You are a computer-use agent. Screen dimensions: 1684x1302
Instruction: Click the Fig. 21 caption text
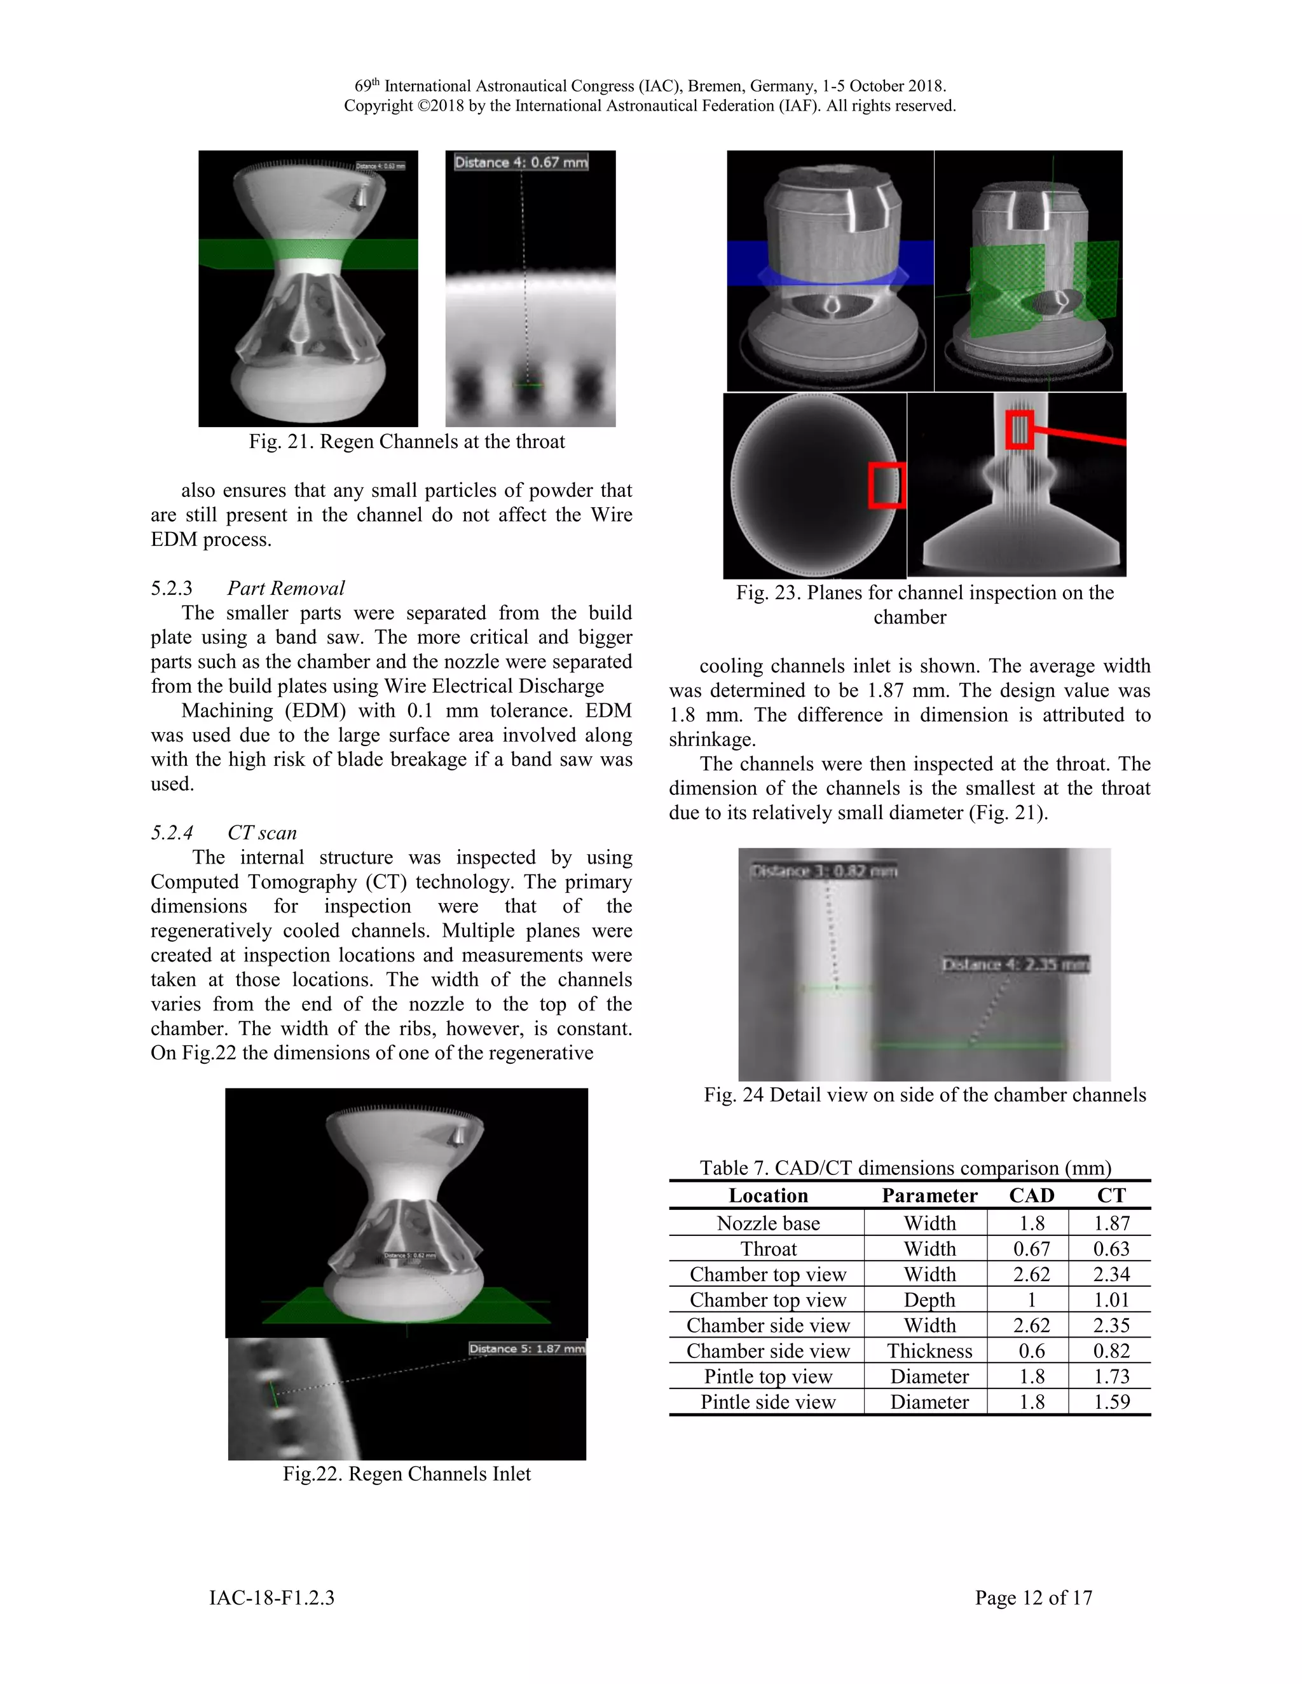pos(406,442)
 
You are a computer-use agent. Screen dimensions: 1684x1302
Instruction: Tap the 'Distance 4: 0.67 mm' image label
pos(521,162)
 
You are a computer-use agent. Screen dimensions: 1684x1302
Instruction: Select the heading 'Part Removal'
pos(285,588)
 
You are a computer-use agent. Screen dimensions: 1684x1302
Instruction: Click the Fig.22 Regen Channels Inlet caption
pos(406,1474)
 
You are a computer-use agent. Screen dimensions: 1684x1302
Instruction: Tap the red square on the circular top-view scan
pos(886,486)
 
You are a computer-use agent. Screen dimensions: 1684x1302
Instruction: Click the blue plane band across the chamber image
pos(830,262)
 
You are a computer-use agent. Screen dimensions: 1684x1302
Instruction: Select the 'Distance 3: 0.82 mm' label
pos(823,871)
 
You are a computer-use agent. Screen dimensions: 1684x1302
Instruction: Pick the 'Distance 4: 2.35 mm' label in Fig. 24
pos(1015,965)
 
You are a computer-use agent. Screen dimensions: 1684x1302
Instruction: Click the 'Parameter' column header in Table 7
pos(929,1196)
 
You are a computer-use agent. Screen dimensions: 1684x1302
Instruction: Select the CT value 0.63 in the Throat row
pos(1111,1249)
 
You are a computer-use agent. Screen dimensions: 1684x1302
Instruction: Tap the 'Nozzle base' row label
pos(767,1224)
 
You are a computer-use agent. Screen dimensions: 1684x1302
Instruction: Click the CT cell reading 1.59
pos(1111,1402)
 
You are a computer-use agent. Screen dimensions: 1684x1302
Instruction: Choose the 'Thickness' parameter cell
pos(929,1351)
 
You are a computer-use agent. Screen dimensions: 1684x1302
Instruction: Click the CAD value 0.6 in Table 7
pos(1031,1351)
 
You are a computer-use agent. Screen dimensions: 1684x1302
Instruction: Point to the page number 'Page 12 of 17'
pos(1033,1598)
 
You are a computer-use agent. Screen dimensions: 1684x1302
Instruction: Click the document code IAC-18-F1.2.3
pos(271,1598)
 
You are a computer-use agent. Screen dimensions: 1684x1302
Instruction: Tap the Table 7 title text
pos(905,1168)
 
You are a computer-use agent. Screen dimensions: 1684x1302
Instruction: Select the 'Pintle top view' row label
pos(767,1376)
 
